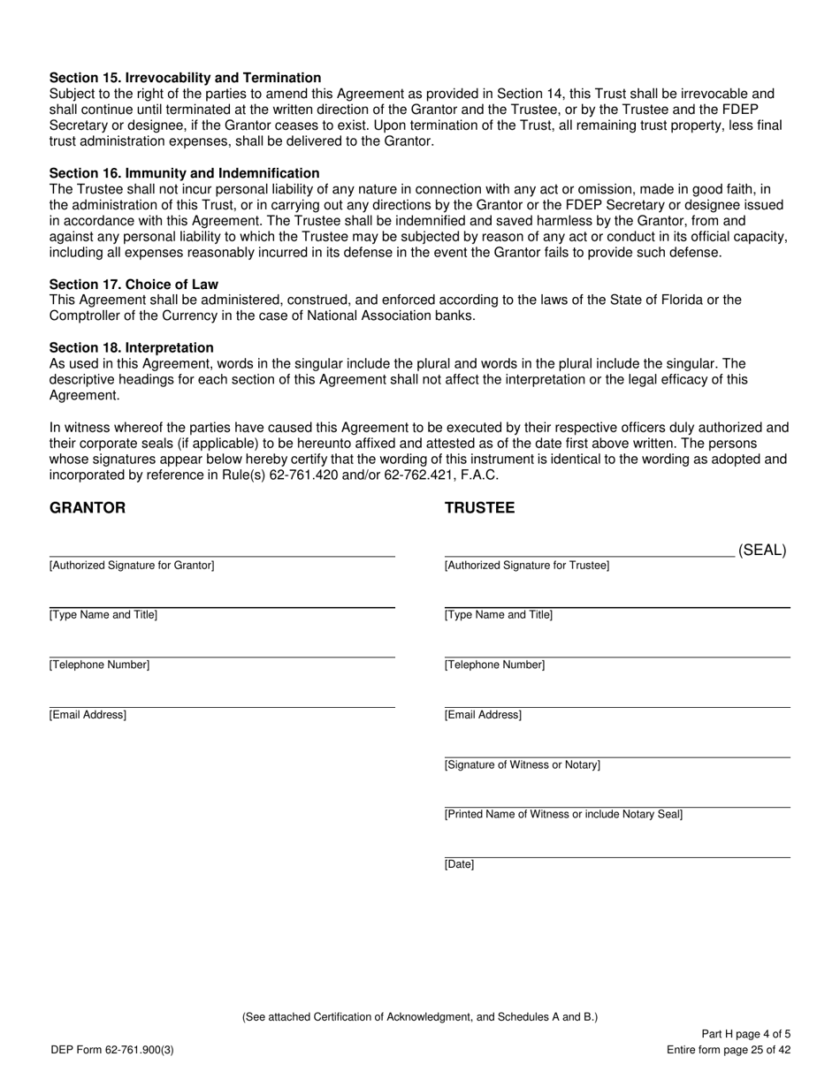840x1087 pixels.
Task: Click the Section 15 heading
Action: click(x=185, y=78)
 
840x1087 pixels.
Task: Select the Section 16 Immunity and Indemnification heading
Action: click(x=184, y=173)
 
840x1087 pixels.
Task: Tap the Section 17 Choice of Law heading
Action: click(x=134, y=285)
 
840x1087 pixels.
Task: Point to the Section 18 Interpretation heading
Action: click(x=131, y=348)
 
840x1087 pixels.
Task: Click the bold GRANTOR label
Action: click(x=88, y=508)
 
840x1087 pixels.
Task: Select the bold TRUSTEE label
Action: click(x=479, y=508)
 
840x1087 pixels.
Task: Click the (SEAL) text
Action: click(x=762, y=551)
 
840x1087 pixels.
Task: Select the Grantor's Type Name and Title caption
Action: click(x=103, y=615)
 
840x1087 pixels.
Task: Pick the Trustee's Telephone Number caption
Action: click(x=494, y=665)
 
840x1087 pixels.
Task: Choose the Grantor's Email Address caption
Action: click(x=88, y=715)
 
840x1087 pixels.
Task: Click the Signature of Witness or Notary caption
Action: click(x=522, y=765)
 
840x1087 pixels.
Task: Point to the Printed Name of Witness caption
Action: click(x=563, y=815)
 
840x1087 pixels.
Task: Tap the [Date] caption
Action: click(x=459, y=865)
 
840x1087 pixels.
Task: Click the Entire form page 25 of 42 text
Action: click(x=729, y=1050)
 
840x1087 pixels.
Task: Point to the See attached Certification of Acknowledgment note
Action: click(x=420, y=1017)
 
